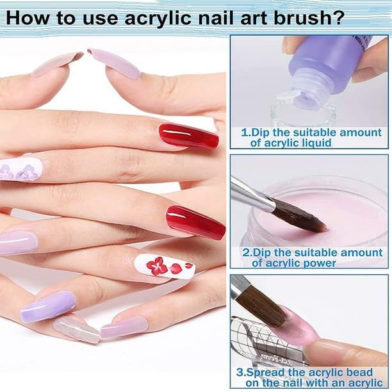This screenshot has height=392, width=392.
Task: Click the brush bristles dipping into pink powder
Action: pyautogui.click(x=300, y=217)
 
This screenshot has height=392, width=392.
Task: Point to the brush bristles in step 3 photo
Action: pyautogui.click(x=263, y=307)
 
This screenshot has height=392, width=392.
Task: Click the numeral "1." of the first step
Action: pyautogui.click(x=246, y=133)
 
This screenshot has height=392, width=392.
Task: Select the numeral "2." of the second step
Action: pyautogui.click(x=248, y=252)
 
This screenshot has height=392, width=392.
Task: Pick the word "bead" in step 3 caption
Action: pyautogui.click(x=361, y=373)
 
